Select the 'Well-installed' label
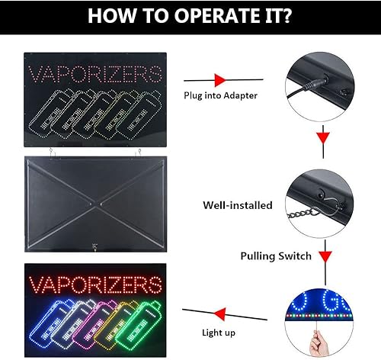point(234,205)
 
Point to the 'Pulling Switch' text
point(275,256)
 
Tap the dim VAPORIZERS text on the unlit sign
point(95,75)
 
